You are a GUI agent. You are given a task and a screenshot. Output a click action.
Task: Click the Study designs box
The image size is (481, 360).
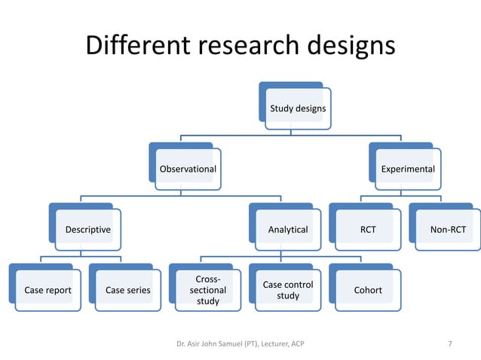click(x=298, y=108)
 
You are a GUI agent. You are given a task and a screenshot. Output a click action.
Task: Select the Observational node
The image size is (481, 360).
click(x=187, y=169)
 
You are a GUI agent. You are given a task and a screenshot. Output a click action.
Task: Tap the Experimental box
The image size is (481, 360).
click(x=407, y=169)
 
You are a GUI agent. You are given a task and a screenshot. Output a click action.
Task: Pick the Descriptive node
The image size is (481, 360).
click(x=87, y=229)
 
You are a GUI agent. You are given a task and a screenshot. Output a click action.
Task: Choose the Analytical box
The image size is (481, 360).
click(x=287, y=229)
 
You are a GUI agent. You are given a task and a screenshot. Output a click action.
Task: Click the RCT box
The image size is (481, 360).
click(x=367, y=229)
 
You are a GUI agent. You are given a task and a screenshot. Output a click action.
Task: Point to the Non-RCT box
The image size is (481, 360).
click(x=447, y=229)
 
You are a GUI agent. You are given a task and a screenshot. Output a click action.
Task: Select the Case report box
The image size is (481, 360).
click(x=47, y=290)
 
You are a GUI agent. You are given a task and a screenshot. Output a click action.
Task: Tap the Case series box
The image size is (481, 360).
click(x=127, y=290)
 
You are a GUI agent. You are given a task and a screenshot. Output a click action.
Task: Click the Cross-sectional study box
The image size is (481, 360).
click(x=207, y=290)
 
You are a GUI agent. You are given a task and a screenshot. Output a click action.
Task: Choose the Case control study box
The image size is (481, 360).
click(x=287, y=290)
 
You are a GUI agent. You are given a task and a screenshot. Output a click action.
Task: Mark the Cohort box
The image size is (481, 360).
click(x=367, y=290)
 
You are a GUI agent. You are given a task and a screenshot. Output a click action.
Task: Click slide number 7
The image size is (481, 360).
click(x=450, y=344)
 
